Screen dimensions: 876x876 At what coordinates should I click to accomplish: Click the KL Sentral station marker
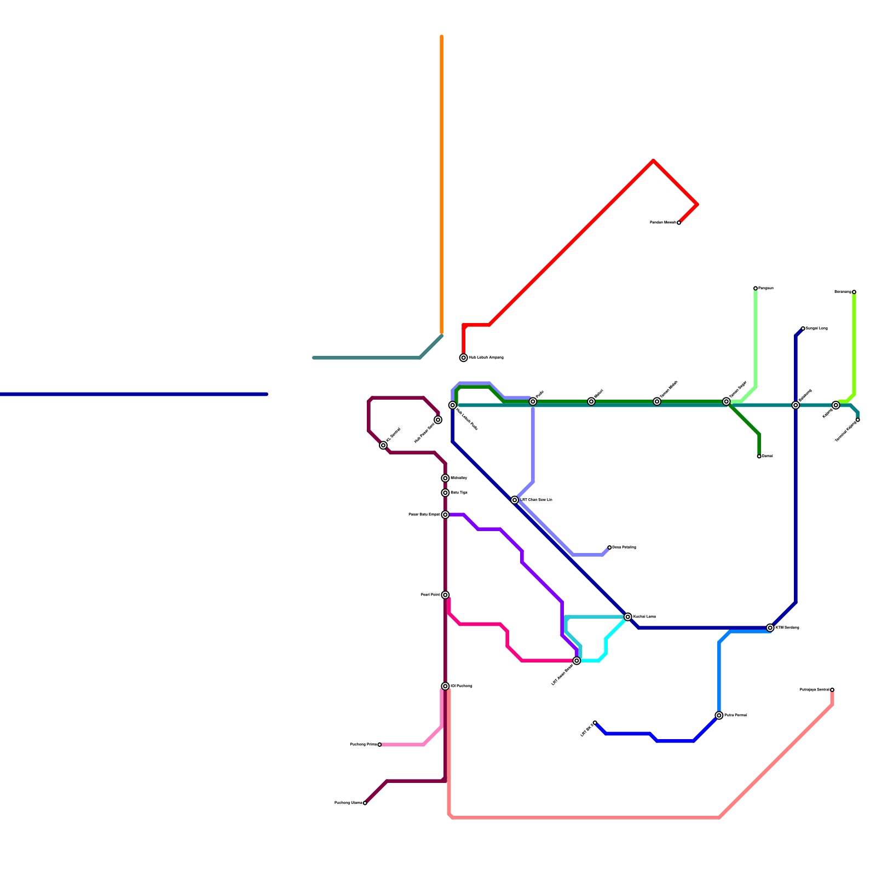(383, 445)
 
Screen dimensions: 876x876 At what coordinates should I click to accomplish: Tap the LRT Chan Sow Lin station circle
(515, 500)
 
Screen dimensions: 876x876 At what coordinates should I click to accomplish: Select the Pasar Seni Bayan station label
(424, 515)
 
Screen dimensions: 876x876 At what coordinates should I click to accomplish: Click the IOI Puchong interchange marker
(446, 686)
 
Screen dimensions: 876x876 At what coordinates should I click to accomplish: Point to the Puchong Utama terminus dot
(365, 803)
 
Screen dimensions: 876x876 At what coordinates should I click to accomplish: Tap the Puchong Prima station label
(364, 745)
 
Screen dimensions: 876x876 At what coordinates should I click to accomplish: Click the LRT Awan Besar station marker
(577, 661)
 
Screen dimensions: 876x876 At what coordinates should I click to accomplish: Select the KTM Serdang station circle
(770, 628)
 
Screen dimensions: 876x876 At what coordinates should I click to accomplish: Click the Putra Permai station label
(735, 716)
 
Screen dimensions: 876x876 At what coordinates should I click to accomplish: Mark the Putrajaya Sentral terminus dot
(832, 690)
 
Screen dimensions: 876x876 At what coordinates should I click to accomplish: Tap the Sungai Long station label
(816, 328)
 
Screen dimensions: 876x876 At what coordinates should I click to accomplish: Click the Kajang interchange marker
(836, 405)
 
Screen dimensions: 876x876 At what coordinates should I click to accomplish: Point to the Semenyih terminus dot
(854, 292)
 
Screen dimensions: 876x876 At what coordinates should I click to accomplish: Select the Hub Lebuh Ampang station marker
(464, 358)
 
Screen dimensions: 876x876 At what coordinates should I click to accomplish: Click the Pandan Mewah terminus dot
(679, 223)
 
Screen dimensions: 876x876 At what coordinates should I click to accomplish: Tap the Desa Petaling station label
(624, 547)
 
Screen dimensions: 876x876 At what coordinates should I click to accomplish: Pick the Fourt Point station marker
(446, 595)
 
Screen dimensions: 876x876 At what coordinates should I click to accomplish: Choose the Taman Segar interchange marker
(727, 401)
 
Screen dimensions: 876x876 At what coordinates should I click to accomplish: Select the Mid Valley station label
(459, 479)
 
